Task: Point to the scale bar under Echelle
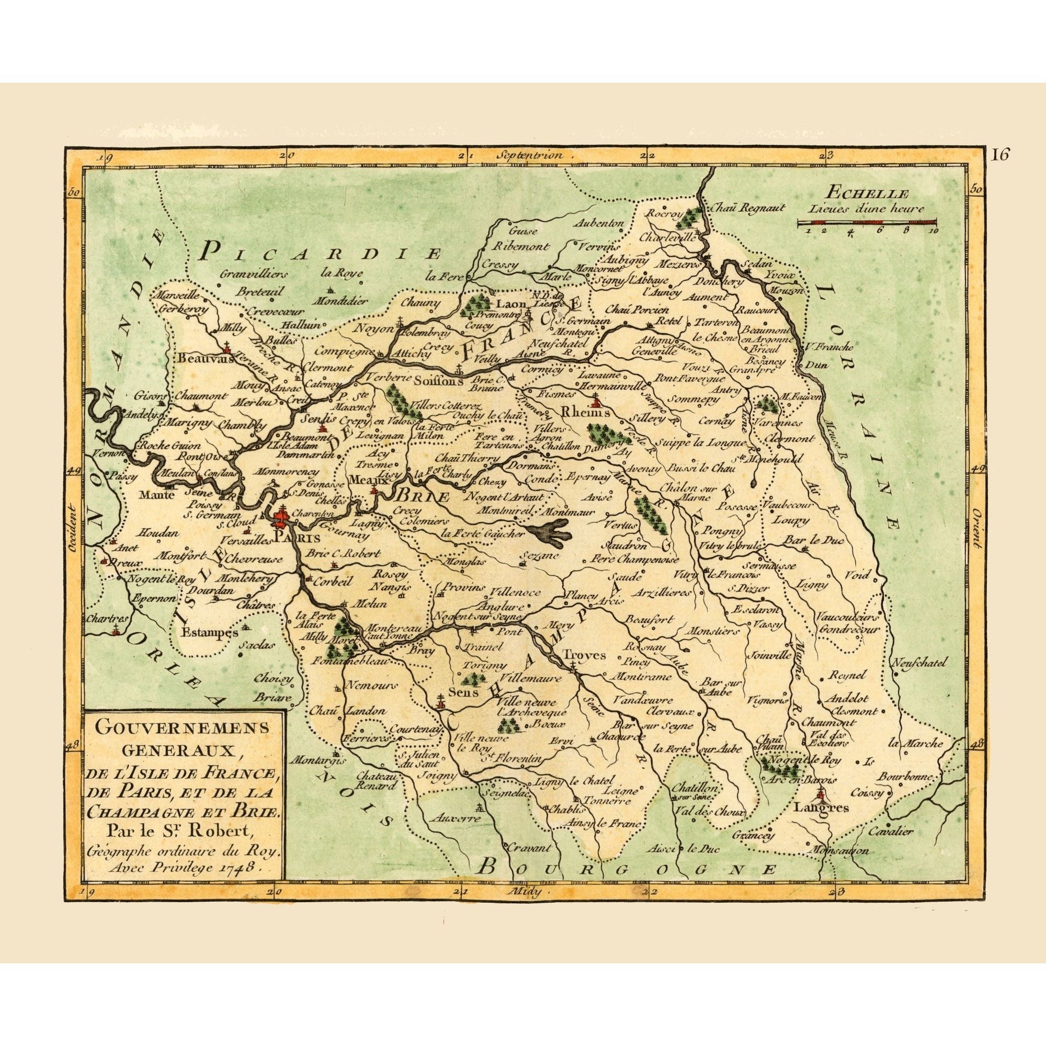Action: click(867, 222)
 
